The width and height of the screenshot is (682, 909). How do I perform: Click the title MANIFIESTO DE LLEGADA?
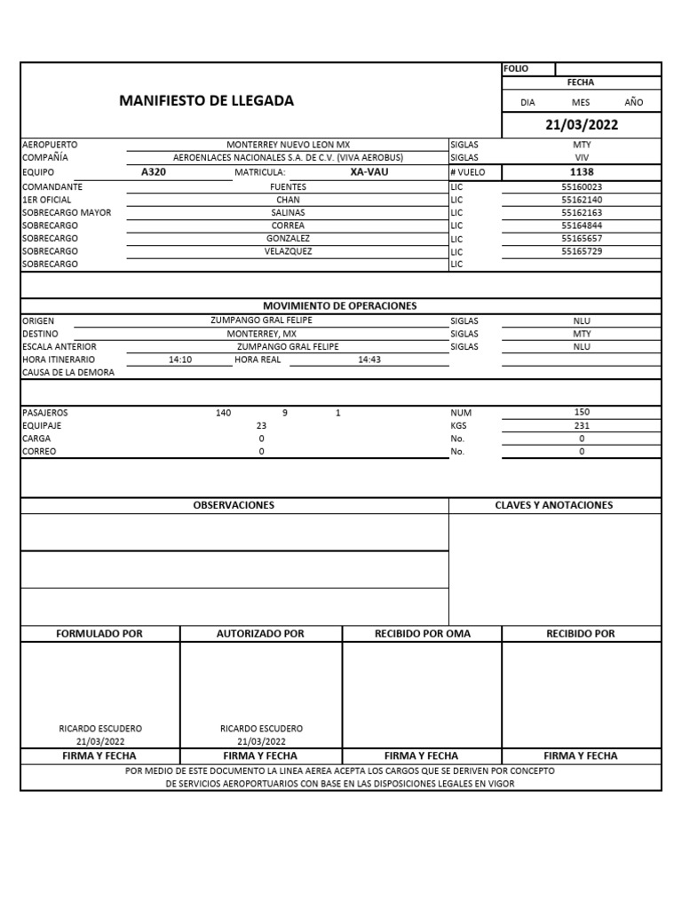(x=206, y=101)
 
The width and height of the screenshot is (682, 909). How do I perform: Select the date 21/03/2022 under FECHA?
(x=582, y=125)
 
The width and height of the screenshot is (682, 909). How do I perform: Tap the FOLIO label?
(x=516, y=68)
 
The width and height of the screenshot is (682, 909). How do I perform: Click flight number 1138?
(x=582, y=172)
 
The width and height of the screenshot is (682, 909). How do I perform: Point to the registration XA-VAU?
(x=369, y=172)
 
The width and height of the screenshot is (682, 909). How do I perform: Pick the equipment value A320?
(x=154, y=172)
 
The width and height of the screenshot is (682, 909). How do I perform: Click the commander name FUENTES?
(x=288, y=187)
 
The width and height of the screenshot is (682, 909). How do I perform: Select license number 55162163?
(x=582, y=213)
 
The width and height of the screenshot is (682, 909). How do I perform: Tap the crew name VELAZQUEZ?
(x=288, y=251)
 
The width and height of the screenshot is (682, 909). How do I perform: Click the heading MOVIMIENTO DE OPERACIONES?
(x=339, y=305)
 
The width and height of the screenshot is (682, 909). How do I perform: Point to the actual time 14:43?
(x=369, y=360)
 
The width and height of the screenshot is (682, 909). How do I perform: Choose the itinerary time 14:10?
(x=180, y=360)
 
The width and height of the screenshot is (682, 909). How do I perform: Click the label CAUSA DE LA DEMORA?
(x=68, y=373)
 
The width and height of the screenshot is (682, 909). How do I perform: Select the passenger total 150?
(x=582, y=412)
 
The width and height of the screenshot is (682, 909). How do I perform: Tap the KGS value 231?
(x=582, y=425)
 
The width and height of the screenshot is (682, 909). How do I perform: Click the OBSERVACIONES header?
(x=234, y=505)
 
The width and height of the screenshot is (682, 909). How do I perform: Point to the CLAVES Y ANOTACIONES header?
(x=554, y=505)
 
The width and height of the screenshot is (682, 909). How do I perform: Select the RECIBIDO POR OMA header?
(x=423, y=634)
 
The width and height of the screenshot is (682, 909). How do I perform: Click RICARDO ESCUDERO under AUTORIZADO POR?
(x=261, y=728)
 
